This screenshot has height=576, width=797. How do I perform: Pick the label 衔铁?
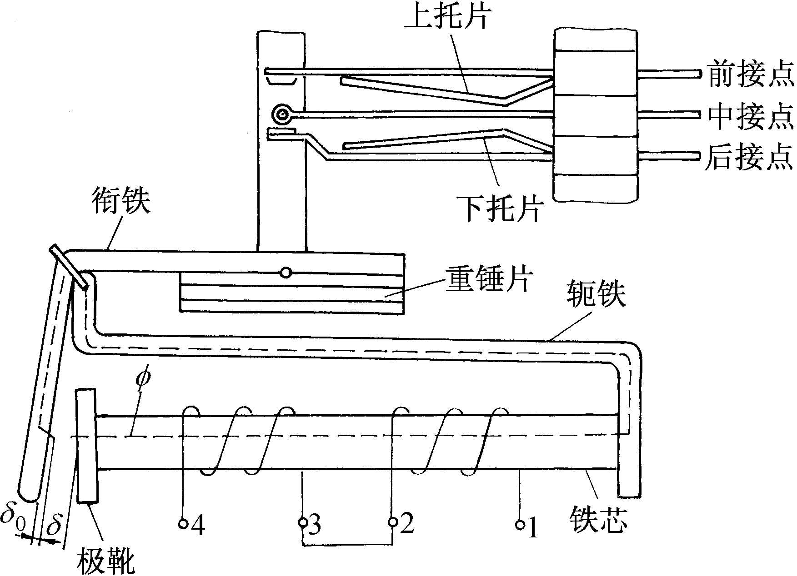click(120, 200)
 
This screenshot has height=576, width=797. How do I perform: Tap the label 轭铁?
click(596, 293)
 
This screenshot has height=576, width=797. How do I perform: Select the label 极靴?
click(106, 560)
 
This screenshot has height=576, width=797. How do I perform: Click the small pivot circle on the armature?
click(286, 273)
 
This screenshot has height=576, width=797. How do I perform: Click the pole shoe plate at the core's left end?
click(86, 445)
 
